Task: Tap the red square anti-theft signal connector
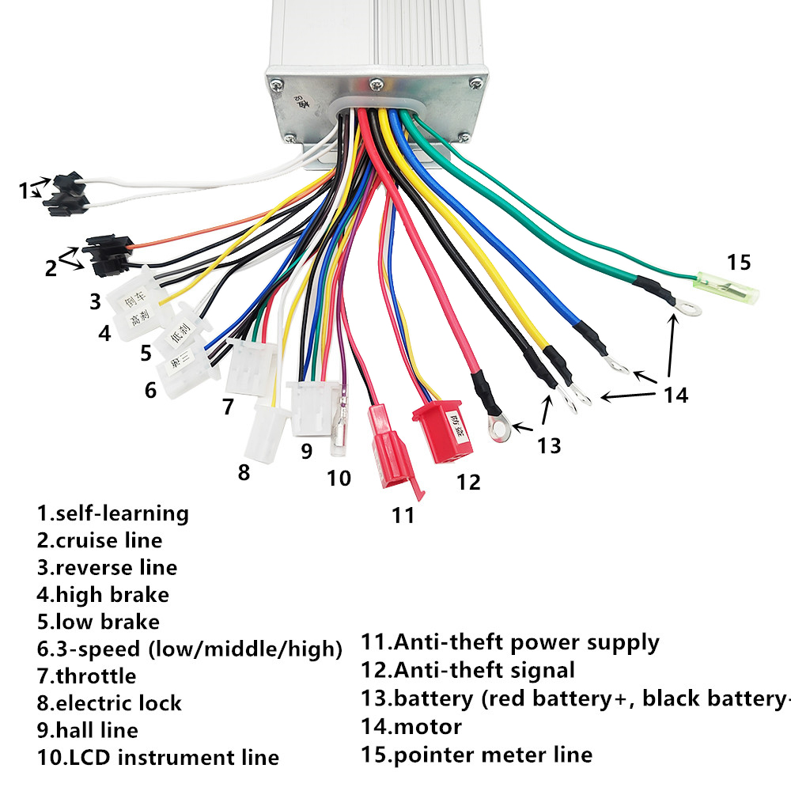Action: tap(442, 436)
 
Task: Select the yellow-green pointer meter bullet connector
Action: tap(725, 286)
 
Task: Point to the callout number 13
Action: tap(548, 445)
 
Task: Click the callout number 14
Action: tap(676, 394)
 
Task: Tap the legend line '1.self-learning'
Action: tap(112, 513)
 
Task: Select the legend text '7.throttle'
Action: tap(86, 676)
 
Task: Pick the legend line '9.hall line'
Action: tap(87, 730)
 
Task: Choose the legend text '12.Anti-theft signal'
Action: tap(468, 671)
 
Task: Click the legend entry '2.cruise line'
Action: tap(99, 540)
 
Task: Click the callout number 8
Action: tap(244, 472)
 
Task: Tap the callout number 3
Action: tap(95, 301)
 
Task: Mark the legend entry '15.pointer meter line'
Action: tap(477, 755)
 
